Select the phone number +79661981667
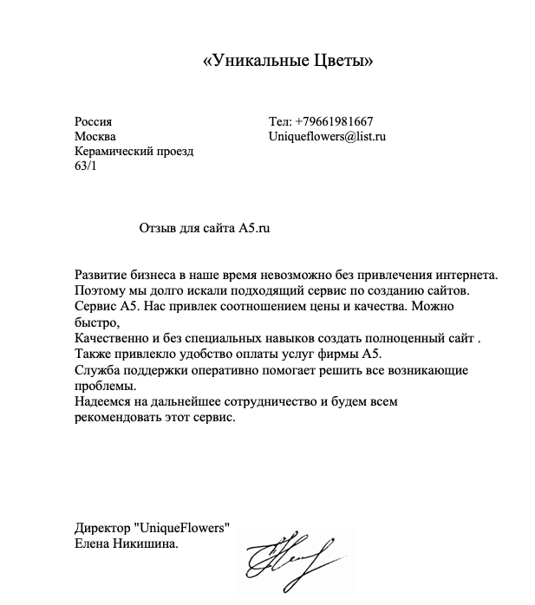coord(334,121)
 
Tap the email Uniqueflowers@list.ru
coord(327,136)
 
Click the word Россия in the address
coord(94,121)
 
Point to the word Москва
coord(95,136)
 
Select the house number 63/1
coord(87,166)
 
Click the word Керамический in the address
coord(114,151)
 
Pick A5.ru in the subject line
coord(255,228)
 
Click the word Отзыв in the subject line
coord(158,228)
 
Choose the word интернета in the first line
coord(463,275)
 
